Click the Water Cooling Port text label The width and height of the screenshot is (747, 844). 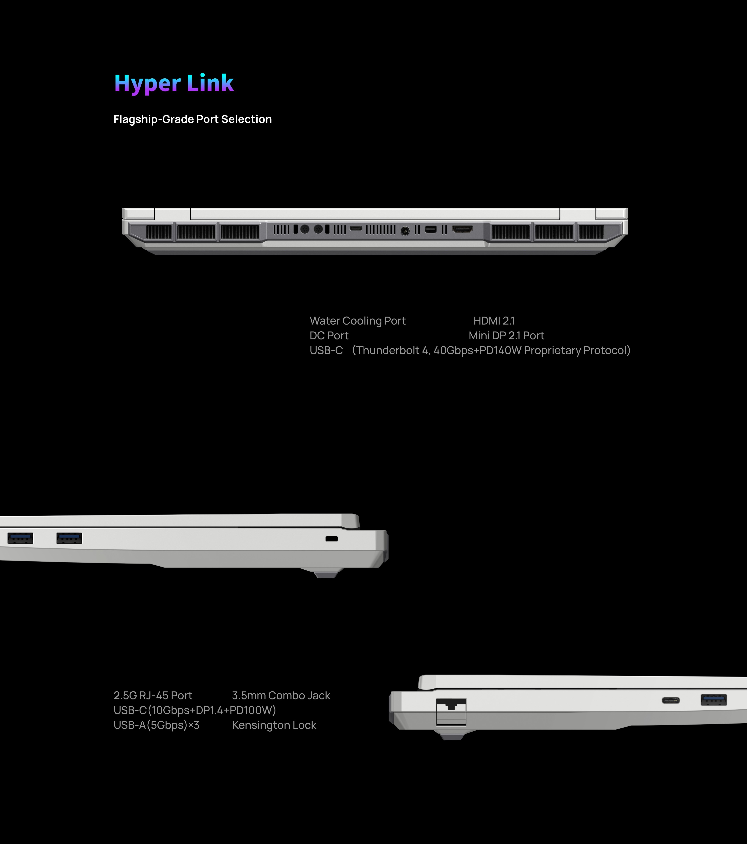(358, 321)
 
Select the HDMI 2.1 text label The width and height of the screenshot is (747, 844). (494, 321)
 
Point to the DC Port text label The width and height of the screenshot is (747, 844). (329, 336)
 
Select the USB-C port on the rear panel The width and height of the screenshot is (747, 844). (356, 228)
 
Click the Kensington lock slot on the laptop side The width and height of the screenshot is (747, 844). (332, 539)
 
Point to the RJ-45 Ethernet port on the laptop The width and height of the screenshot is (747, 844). (451, 712)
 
